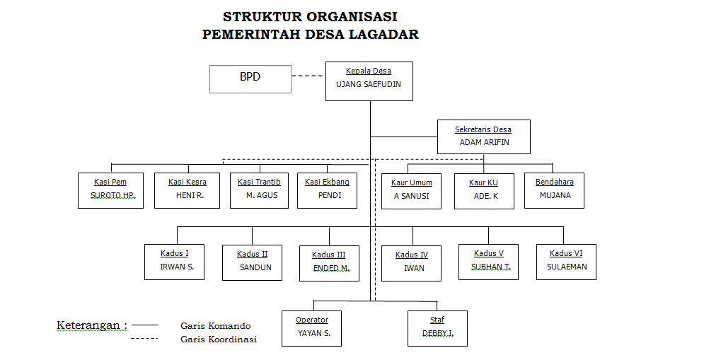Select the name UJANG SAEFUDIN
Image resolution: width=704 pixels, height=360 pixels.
click(369, 84)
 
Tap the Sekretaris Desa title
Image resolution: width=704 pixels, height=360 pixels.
click(483, 129)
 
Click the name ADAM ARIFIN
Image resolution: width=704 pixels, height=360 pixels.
click(485, 142)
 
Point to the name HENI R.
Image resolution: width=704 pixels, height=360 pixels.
click(190, 195)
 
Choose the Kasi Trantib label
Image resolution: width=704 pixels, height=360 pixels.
click(259, 182)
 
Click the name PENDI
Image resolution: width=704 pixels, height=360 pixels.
click(330, 195)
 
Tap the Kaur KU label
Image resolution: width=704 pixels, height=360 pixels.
click(483, 182)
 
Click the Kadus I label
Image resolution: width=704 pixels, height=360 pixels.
click(175, 253)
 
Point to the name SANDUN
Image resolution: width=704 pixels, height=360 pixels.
click(255, 267)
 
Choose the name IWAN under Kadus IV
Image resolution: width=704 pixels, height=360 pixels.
click(414, 269)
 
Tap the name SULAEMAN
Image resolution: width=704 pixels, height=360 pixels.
click(567, 267)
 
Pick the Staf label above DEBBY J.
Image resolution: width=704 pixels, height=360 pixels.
click(437, 320)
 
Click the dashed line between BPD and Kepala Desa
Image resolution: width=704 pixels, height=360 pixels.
click(307, 76)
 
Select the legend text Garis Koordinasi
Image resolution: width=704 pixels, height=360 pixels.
click(219, 339)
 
